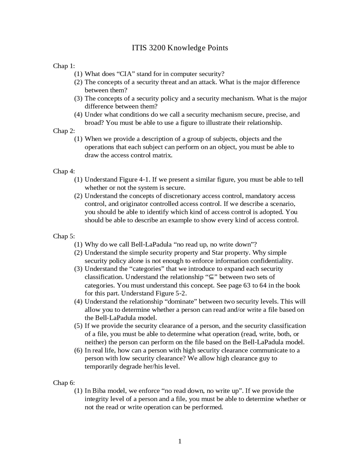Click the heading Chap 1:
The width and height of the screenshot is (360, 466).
(64, 66)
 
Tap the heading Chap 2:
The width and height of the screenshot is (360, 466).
(64, 131)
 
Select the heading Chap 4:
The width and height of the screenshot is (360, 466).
(64, 171)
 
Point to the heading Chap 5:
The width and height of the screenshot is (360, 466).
(64, 236)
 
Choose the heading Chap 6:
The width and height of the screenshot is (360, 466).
(64, 383)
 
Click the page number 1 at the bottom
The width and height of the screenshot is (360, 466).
(180, 442)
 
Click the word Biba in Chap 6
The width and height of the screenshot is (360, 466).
(99, 391)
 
